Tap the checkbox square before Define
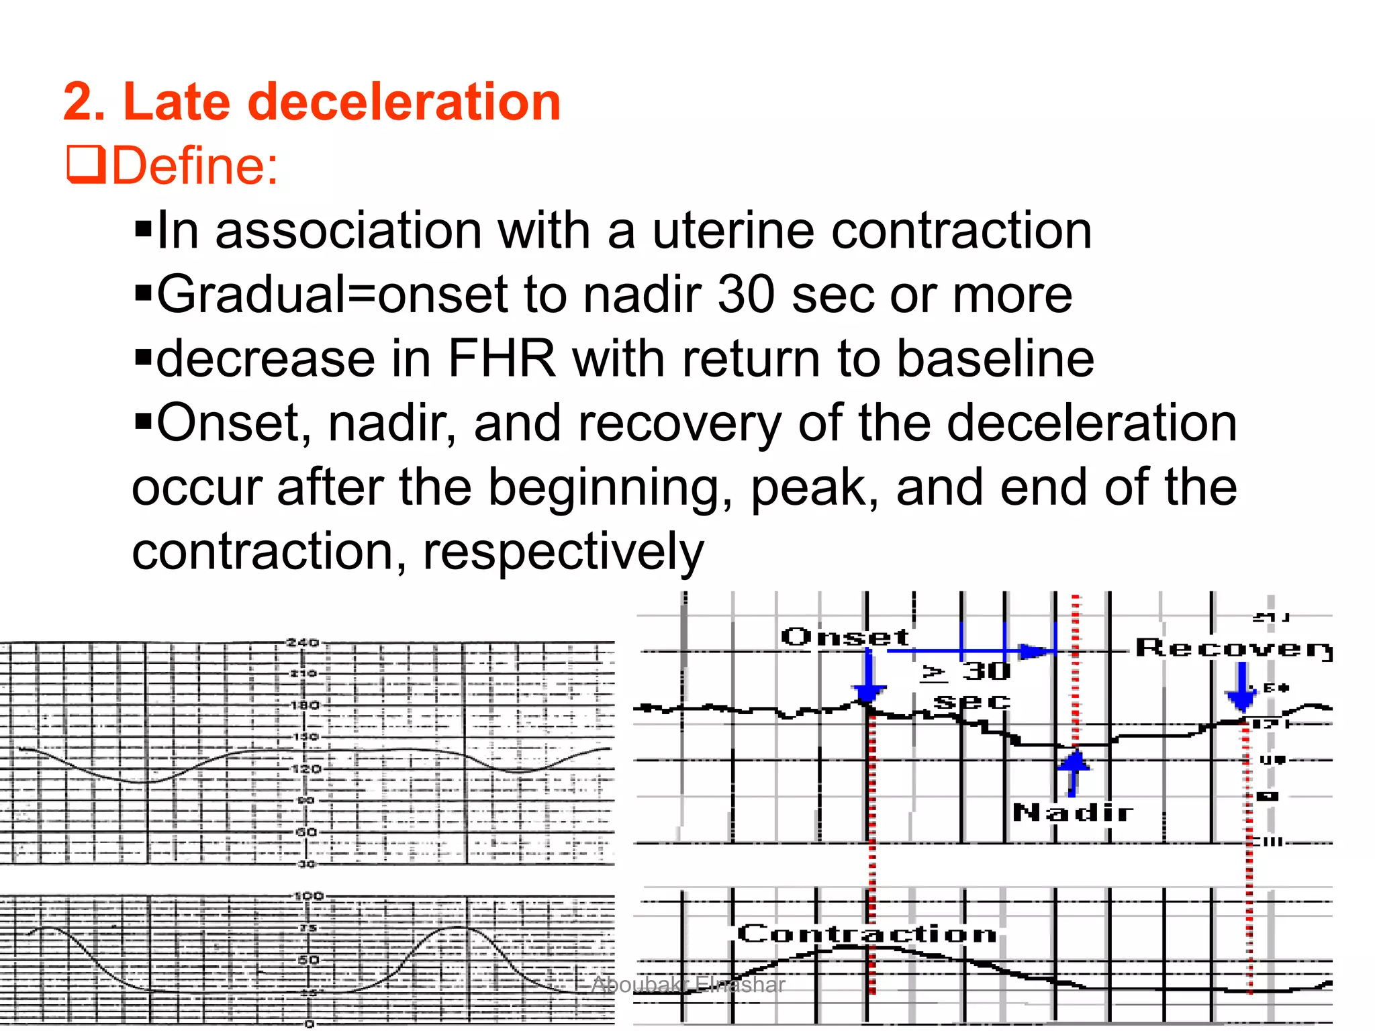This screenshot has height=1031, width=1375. [86, 165]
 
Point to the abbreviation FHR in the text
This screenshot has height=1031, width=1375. [502, 359]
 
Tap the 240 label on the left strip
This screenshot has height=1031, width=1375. [302, 642]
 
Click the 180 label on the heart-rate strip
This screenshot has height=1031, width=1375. [305, 705]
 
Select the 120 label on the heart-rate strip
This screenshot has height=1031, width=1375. [305, 769]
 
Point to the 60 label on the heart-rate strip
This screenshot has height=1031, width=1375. [306, 832]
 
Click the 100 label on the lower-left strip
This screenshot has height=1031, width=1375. [309, 896]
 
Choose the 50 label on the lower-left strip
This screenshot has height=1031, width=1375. [308, 960]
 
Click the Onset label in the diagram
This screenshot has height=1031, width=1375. [845, 636]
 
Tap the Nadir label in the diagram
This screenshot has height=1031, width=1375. [1072, 813]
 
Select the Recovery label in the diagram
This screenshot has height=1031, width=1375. [1233, 648]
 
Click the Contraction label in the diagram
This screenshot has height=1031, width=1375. [866, 934]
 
